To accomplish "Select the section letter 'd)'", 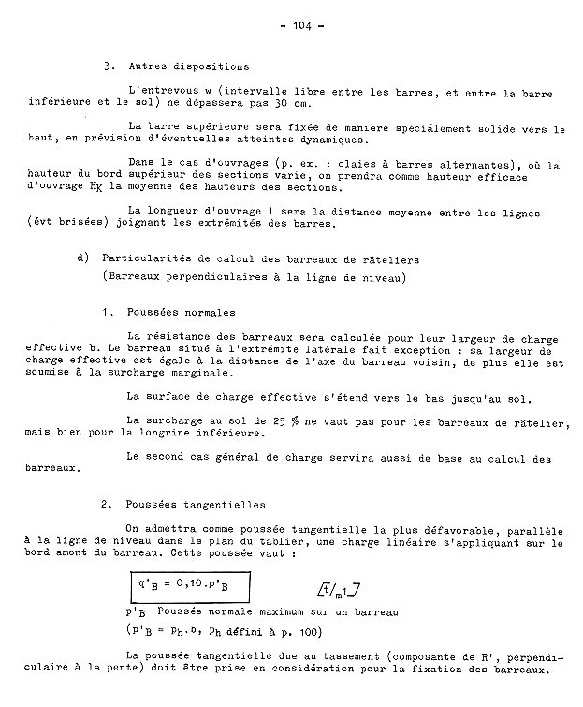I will click(84, 257).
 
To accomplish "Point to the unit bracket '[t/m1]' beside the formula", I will click(341, 589).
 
